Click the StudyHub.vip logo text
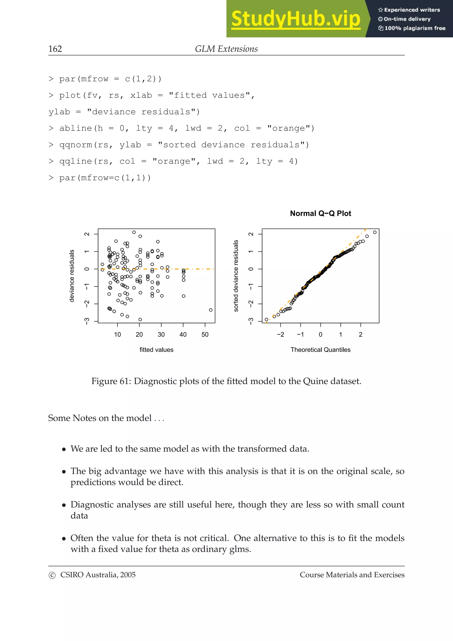click(x=296, y=19)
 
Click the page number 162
click(x=55, y=49)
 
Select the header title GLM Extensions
click(x=226, y=49)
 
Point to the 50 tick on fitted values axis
click(x=205, y=334)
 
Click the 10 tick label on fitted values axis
click(x=117, y=334)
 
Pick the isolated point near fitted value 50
click(x=211, y=310)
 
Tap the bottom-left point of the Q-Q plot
click(x=266, y=319)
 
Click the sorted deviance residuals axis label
click(x=236, y=276)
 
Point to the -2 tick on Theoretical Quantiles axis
click(x=280, y=334)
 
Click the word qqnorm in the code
click(x=75, y=145)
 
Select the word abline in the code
click(x=75, y=129)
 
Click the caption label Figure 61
click(x=110, y=381)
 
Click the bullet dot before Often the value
click(x=64, y=539)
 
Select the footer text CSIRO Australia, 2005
click(x=98, y=575)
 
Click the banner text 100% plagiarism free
click(x=415, y=28)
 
